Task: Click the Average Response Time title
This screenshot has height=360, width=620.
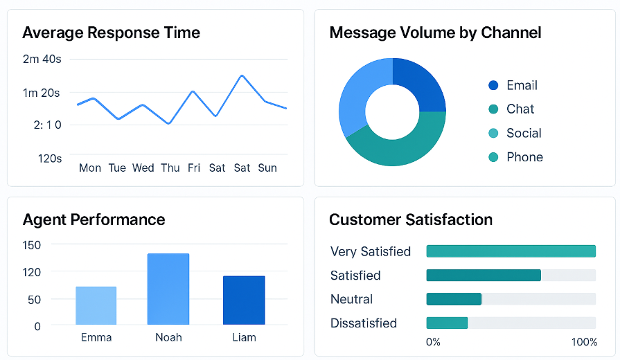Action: click(x=111, y=33)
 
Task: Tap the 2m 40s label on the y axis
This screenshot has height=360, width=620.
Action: click(x=42, y=59)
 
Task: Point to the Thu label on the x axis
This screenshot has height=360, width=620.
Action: click(x=170, y=168)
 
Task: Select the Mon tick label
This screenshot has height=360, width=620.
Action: click(x=90, y=168)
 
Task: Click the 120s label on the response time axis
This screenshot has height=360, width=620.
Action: click(x=49, y=159)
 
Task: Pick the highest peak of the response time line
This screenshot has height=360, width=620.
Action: click(x=242, y=75)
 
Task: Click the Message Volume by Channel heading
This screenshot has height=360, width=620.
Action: click(x=435, y=33)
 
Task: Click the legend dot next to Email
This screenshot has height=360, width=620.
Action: click(x=493, y=85)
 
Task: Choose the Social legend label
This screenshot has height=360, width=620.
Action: click(x=524, y=133)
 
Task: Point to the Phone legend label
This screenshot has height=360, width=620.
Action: click(x=524, y=157)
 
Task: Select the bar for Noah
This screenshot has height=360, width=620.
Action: click(x=168, y=289)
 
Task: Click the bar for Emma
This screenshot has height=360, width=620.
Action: click(x=96, y=305)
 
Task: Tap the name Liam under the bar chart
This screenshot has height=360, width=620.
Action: click(x=244, y=337)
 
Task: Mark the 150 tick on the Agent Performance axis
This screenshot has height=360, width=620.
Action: click(x=32, y=244)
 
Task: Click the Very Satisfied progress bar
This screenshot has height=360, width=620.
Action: click(x=511, y=251)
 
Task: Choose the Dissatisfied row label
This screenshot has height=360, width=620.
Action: click(x=364, y=323)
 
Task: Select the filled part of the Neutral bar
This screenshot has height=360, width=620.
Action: click(x=454, y=299)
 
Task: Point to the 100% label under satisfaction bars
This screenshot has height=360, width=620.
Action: click(x=584, y=342)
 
